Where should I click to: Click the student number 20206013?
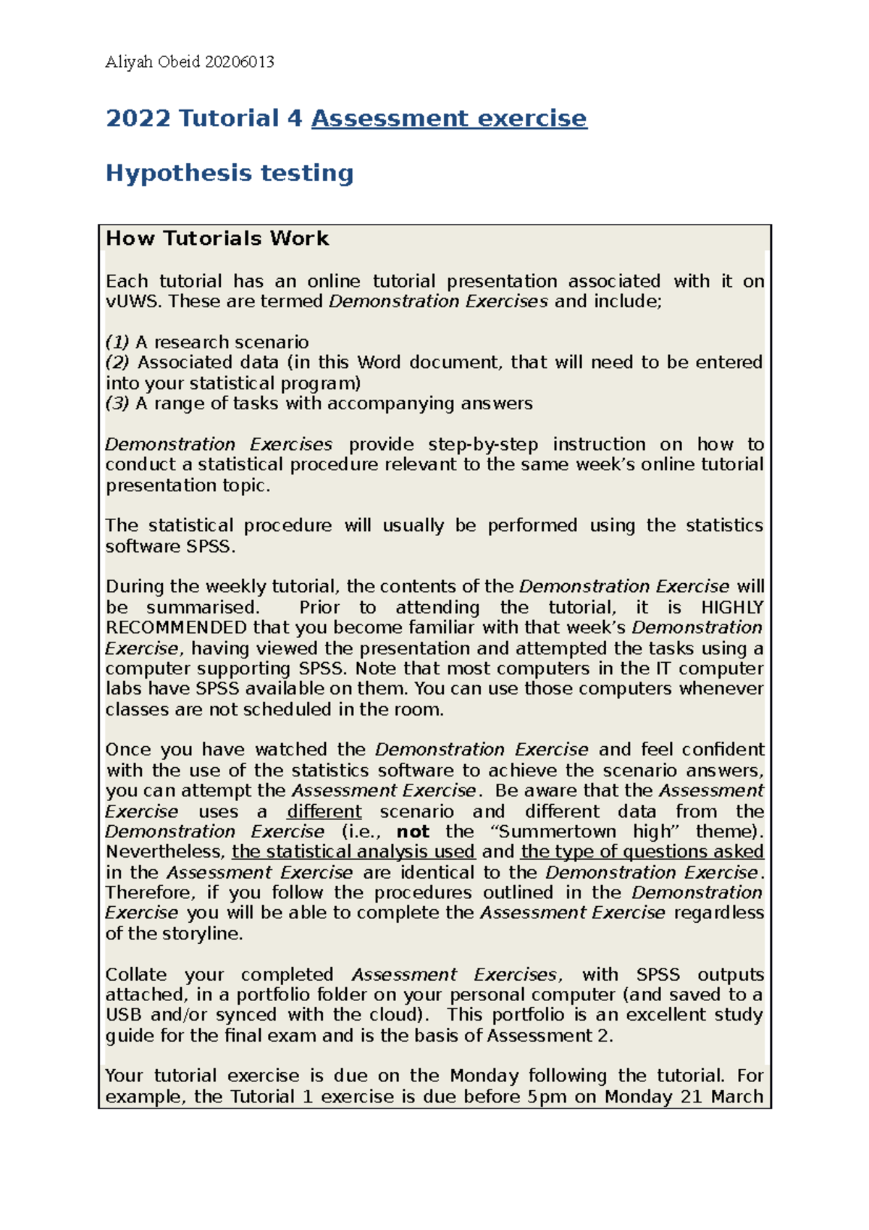click(240, 62)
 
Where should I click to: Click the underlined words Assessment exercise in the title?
click(449, 118)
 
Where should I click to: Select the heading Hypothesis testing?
click(230, 173)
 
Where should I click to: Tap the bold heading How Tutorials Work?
click(217, 238)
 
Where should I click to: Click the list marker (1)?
click(117, 342)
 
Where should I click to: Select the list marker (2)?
click(117, 362)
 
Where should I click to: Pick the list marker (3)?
click(117, 403)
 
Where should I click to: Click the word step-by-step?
click(483, 444)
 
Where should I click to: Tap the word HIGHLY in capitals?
click(732, 607)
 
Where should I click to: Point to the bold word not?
click(413, 832)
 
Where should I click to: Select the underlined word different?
click(324, 811)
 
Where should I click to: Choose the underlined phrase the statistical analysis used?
click(353, 852)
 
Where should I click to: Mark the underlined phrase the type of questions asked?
click(642, 852)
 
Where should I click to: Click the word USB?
click(124, 1015)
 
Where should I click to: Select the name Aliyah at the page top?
click(127, 62)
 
